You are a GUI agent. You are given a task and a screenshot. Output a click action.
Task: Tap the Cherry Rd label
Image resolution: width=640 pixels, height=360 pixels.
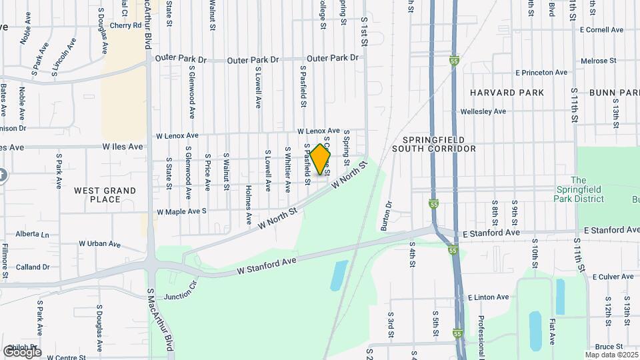[x=127, y=25]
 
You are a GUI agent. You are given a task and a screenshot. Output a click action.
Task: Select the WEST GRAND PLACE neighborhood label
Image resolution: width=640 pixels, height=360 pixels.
[x=105, y=195]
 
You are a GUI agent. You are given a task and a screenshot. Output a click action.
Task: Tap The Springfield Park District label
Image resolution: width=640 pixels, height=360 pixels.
[x=578, y=189]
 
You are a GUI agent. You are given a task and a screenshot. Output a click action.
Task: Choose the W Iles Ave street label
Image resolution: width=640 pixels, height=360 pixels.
[x=123, y=146]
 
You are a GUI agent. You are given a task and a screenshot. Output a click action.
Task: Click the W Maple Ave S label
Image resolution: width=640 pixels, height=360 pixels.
[x=182, y=211]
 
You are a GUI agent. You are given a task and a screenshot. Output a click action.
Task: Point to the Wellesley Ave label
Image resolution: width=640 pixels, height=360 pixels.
[x=483, y=111]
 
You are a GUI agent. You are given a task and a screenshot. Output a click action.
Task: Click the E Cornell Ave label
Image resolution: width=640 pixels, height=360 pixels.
[x=601, y=30]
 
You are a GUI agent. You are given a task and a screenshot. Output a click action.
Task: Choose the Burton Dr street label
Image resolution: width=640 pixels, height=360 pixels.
[x=386, y=216]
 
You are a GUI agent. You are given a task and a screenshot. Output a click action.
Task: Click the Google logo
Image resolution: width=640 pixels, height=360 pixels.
[x=22, y=351]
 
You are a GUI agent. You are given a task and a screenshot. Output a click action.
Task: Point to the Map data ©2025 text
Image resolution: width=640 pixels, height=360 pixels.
[x=611, y=355]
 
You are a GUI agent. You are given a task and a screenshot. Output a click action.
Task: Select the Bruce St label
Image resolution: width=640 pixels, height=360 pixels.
[x=608, y=347]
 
